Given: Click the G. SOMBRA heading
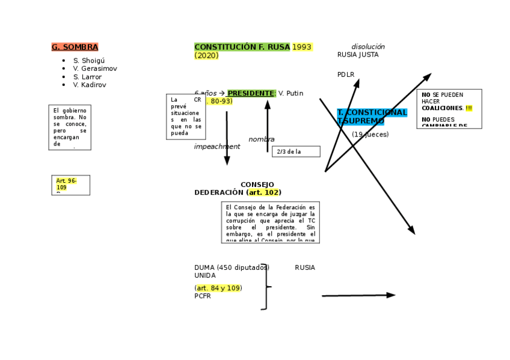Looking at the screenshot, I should click(x=75, y=47).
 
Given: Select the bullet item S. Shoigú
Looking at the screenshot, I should click(x=88, y=61).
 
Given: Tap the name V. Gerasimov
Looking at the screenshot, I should click(x=95, y=69).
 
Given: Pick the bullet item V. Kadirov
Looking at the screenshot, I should click(x=90, y=85).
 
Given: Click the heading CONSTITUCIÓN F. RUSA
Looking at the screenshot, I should click(x=242, y=47).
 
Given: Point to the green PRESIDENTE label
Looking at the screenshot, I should click(x=251, y=93).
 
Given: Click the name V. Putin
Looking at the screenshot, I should click(x=291, y=93).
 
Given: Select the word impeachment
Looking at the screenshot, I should click(x=217, y=147).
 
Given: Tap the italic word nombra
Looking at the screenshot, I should click(x=261, y=139).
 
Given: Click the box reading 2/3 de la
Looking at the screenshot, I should click(x=295, y=151).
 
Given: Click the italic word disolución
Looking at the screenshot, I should click(x=368, y=47).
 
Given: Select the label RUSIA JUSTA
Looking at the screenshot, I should click(x=358, y=55).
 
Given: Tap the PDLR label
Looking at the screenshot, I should click(x=346, y=75).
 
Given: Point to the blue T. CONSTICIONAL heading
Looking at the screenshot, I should click(x=372, y=112).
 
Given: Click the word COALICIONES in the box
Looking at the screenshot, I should click(x=442, y=108).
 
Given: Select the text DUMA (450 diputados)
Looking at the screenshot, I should click(x=232, y=267).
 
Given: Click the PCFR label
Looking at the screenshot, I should click(x=203, y=296).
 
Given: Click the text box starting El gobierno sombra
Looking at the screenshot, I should click(x=70, y=127).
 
